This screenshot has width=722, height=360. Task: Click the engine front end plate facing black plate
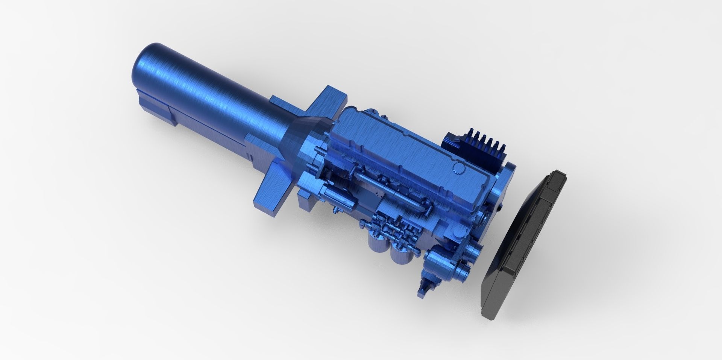point(500,196)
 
